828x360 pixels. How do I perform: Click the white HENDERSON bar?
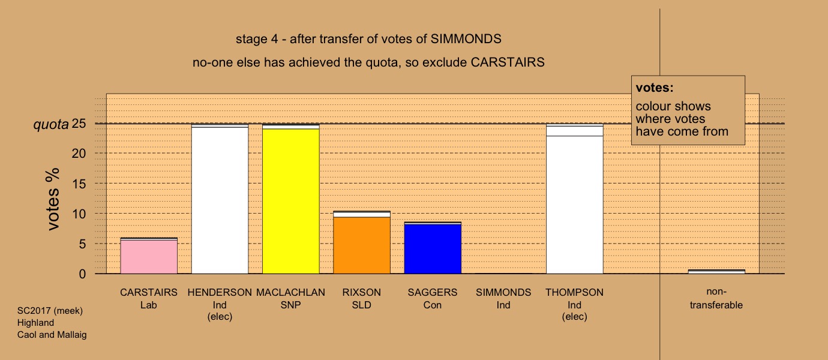pos(220,199)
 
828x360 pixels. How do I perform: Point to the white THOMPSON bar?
pos(575,199)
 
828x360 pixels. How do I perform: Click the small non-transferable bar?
pos(716,272)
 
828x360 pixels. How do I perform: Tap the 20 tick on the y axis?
pos(79,154)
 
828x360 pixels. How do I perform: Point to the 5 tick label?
pos(82,244)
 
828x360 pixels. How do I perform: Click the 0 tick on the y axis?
pos(82,274)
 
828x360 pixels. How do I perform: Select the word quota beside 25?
pos(51,125)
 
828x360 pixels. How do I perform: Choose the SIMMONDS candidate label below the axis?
pos(503,292)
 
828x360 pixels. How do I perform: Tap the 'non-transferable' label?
pos(716,298)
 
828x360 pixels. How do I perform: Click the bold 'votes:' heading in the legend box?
pos(655,88)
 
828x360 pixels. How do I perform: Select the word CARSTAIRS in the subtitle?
pos(508,62)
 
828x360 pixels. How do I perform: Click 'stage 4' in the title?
pos(257,39)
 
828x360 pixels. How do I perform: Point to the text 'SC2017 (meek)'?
pos(50,311)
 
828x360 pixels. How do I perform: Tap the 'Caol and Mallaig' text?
pos(52,335)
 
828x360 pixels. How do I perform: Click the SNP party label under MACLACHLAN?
pos(290,305)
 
